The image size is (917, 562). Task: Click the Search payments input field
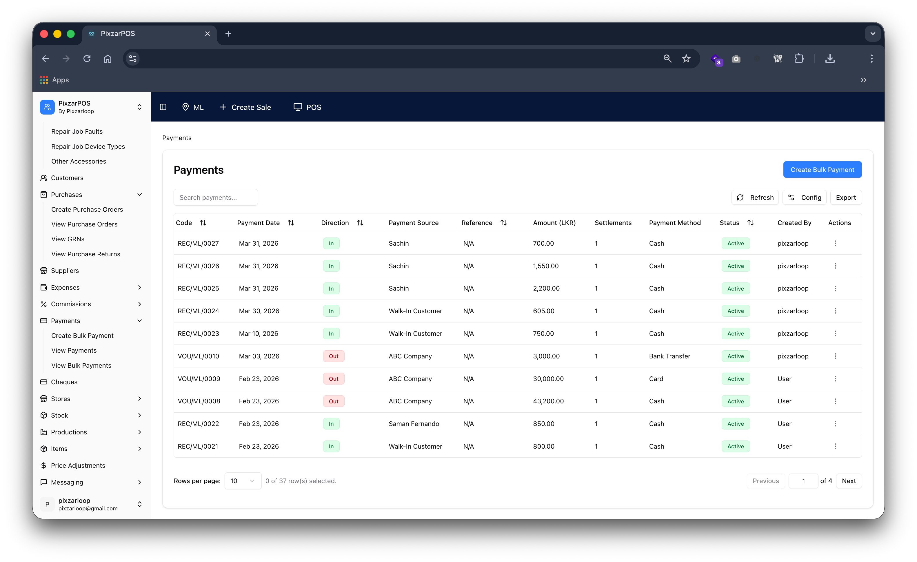point(215,197)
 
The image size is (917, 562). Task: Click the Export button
point(845,197)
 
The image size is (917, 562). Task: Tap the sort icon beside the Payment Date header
point(291,223)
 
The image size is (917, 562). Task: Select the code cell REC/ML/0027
point(198,243)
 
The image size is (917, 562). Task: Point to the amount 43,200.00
point(548,401)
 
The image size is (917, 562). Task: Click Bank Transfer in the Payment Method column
point(669,356)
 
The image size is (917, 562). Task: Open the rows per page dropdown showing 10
point(242,481)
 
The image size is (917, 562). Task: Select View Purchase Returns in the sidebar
point(85,254)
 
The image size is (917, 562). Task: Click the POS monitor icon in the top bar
point(297,107)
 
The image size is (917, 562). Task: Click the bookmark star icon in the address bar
point(686,59)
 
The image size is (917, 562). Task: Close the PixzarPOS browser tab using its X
point(207,34)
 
